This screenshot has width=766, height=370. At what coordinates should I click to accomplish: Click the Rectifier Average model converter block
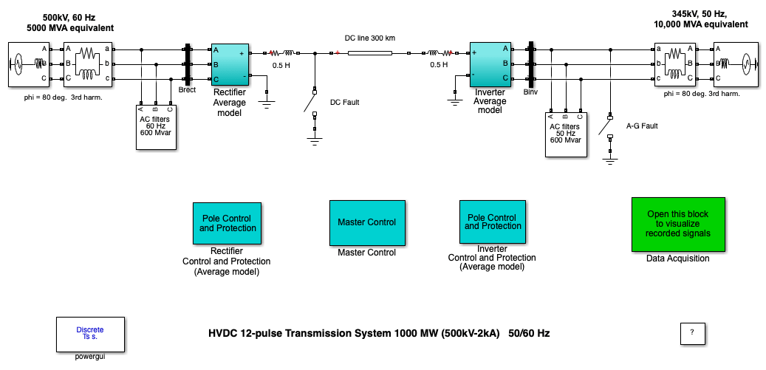click(230, 64)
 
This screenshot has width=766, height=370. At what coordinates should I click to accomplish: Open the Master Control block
click(367, 222)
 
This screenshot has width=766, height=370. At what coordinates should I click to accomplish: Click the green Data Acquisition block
click(678, 224)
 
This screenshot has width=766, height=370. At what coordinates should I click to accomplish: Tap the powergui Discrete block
click(90, 335)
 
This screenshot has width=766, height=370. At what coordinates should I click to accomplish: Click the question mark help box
click(692, 333)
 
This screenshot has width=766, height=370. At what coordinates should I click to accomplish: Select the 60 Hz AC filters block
click(156, 127)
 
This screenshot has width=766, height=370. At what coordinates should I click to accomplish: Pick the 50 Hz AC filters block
click(567, 134)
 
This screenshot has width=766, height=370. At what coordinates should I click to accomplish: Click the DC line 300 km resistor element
click(370, 52)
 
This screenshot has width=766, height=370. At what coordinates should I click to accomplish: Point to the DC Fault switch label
click(344, 103)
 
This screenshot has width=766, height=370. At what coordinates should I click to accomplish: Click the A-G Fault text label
click(642, 126)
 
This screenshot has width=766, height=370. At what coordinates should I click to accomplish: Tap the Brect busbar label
click(187, 90)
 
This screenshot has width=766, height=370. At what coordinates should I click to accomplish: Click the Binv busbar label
click(530, 92)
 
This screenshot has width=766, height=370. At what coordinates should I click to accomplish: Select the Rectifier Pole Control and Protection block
click(228, 223)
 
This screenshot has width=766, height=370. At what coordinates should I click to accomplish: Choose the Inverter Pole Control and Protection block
click(493, 222)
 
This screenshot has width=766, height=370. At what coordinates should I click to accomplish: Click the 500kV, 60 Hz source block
click(30, 64)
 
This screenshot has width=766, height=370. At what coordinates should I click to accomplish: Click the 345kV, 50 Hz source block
click(736, 64)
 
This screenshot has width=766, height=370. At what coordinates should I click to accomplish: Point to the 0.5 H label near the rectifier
click(281, 66)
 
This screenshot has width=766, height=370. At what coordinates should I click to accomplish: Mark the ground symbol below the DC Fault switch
click(315, 142)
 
